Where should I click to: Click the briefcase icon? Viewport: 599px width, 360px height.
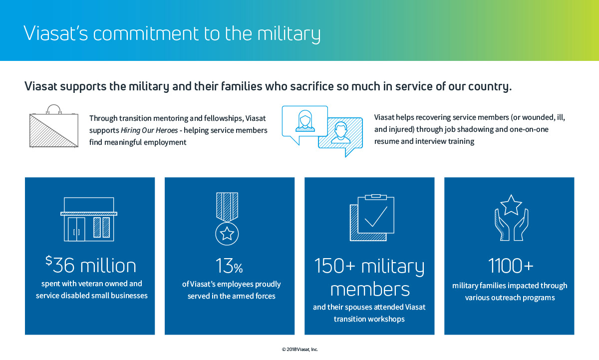[54, 126]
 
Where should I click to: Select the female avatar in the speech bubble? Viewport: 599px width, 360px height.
[305, 121]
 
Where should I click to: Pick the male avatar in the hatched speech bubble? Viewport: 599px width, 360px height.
[340, 133]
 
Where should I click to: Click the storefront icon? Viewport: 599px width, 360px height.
[89, 219]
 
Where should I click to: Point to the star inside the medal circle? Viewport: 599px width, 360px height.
[227, 234]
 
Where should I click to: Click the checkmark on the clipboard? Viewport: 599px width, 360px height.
[376, 217]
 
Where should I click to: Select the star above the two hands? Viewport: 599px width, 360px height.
[511, 205]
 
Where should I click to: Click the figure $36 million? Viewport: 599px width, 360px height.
[91, 265]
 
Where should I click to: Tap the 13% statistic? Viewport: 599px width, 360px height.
[229, 266]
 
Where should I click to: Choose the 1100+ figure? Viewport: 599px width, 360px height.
[511, 266]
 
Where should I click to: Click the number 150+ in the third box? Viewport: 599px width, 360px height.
[335, 266]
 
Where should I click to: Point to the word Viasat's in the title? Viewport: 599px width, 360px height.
[55, 33]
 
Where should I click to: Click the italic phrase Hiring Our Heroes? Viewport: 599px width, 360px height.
[149, 130]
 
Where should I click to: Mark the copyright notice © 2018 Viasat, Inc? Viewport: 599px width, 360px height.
[299, 350]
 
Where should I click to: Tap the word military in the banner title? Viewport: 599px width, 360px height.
[289, 34]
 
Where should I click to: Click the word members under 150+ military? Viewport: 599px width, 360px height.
[370, 289]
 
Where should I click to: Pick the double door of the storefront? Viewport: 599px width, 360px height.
[76, 229]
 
